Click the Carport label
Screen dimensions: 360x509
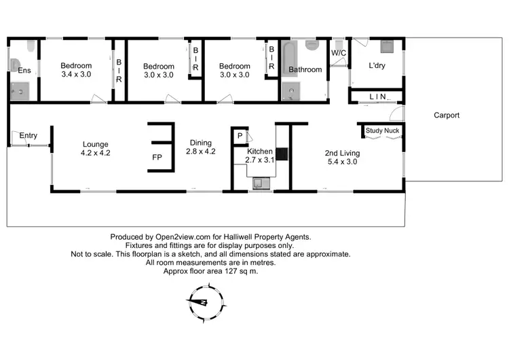coord(447,115)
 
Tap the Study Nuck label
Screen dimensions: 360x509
coord(382,130)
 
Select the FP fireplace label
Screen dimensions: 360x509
coord(157,156)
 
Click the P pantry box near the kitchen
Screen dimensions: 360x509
coord(240,136)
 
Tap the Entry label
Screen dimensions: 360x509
coord(28,135)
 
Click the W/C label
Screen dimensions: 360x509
coord(339,53)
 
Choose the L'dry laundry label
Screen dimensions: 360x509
coord(377,65)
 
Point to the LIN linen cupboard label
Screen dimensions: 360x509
coord(378,98)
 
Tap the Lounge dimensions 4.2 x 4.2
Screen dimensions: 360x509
coord(95,154)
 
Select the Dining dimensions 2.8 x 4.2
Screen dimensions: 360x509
coord(200,151)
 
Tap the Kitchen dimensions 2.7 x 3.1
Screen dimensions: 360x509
coord(259,160)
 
